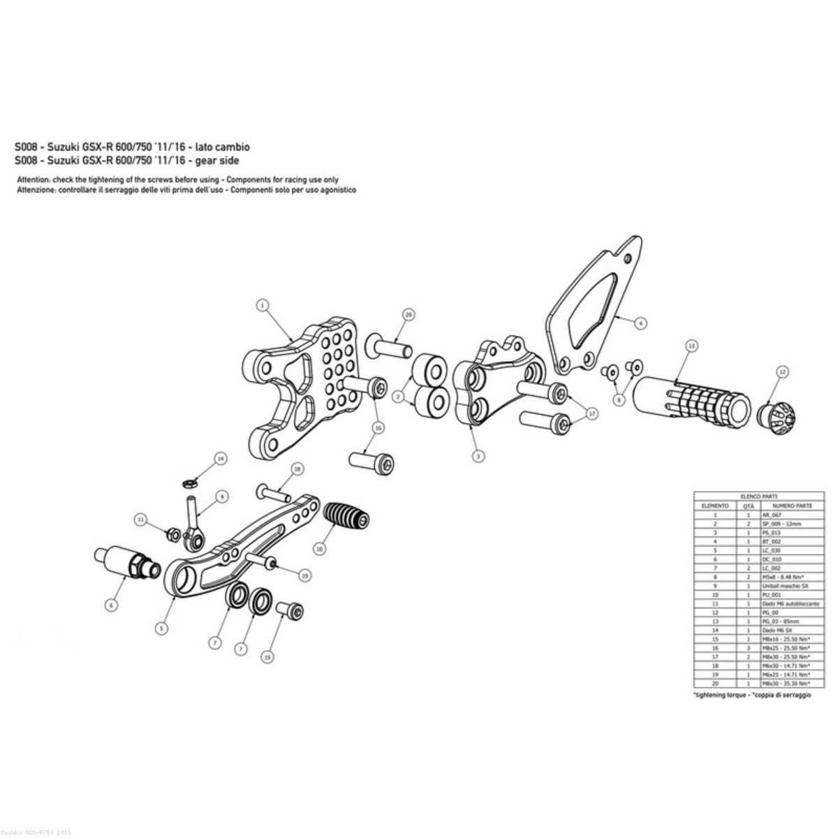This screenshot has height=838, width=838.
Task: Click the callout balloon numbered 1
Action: [x=263, y=305]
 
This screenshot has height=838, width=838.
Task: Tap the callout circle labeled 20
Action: [x=409, y=314]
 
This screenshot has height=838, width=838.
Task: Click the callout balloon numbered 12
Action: [x=782, y=373]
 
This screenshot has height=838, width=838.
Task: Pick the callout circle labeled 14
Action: [x=221, y=459]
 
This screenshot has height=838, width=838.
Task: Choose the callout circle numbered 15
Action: [x=267, y=656]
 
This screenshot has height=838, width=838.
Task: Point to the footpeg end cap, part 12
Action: [x=776, y=416]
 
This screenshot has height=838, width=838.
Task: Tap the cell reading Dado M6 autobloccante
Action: [x=790, y=603]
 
